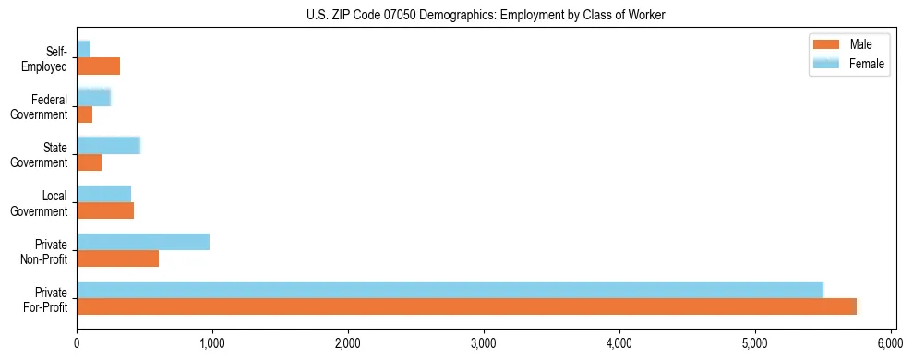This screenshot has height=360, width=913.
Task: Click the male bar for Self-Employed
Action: pos(98,66)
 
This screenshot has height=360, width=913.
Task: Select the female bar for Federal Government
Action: pos(93,97)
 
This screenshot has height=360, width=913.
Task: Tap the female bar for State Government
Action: pos(108,145)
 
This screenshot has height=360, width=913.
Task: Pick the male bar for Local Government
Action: pos(105,210)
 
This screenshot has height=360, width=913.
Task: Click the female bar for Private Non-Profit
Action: pos(143,242)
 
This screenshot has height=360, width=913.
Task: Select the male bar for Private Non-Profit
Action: pos(117,258)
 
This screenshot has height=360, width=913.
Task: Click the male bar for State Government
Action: pos(89,162)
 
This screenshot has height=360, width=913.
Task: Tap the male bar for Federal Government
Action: pos(84,114)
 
